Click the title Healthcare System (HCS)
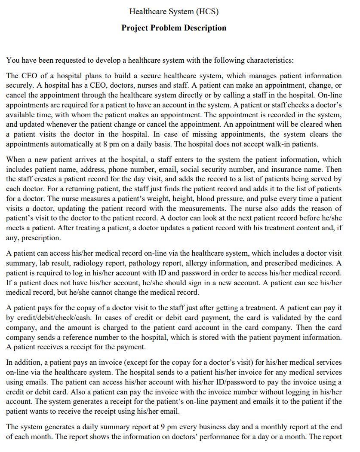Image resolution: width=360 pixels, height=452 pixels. (x=174, y=12)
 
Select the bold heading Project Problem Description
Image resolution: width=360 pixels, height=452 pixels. (x=174, y=28)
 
